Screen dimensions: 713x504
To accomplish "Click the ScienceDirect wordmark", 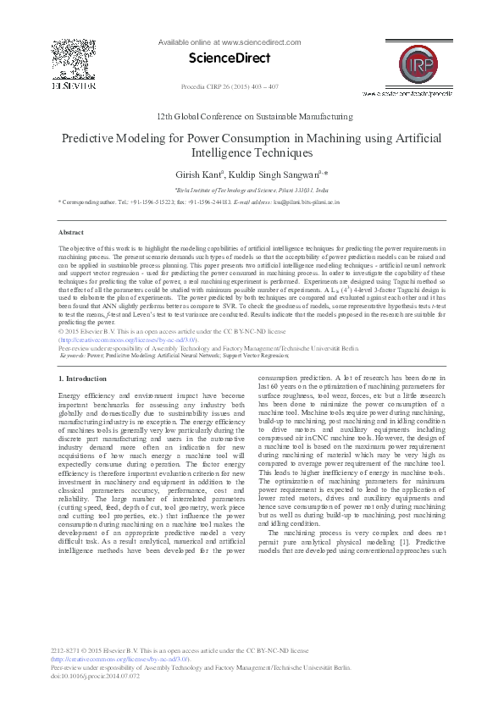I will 229,58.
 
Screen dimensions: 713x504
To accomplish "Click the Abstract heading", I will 70,232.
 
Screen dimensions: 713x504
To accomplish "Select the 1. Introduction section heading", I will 83,379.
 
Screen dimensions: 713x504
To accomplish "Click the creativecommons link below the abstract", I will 129,340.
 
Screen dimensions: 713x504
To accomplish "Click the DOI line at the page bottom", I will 96,676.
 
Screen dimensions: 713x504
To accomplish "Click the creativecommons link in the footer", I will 129,659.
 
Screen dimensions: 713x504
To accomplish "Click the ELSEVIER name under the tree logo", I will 68,86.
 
